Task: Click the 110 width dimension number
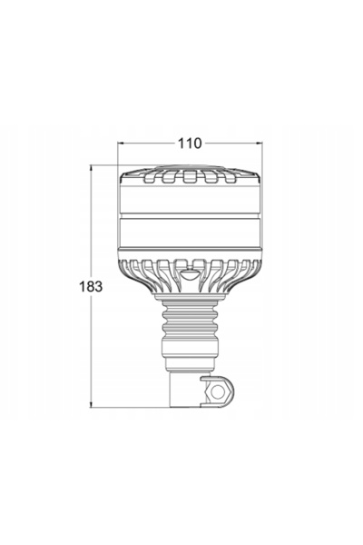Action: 190,144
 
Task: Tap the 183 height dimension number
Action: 91,286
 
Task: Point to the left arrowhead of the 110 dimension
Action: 120,143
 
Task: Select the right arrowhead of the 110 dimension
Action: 260,143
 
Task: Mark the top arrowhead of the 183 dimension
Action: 91,168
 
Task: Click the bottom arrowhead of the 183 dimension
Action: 91,404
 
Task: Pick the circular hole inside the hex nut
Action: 218,392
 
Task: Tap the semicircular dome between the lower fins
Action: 190,275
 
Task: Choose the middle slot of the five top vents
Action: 190,177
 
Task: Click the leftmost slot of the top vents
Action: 150,178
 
